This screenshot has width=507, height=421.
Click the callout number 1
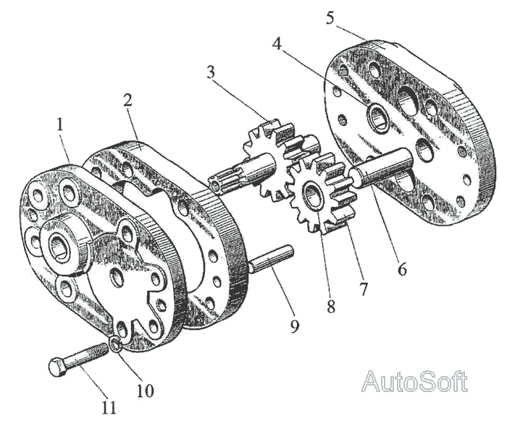point(61,124)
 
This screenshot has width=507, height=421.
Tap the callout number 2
point(127,101)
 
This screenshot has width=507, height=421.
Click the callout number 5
point(330,17)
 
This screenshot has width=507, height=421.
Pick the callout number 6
point(401,270)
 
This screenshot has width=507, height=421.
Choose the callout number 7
point(363,289)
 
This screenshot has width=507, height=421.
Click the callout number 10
point(145,391)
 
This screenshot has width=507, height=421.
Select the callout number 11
point(109,407)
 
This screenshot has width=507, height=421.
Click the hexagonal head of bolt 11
point(57,367)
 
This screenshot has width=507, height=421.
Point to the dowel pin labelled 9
point(271,259)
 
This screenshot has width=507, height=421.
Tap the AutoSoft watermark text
point(414,381)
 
